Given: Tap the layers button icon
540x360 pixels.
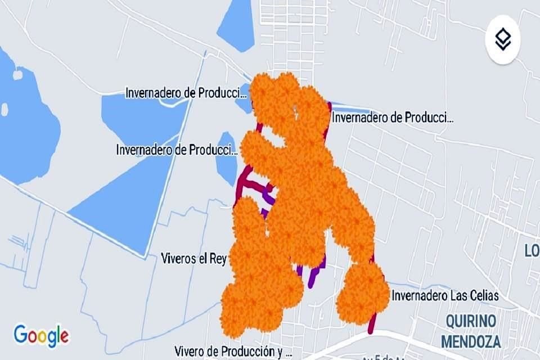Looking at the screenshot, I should point(502,39).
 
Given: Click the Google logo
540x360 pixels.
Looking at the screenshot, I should point(41,335).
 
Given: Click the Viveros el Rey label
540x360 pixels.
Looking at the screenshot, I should point(193,259).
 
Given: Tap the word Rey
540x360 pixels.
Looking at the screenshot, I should point(217,259).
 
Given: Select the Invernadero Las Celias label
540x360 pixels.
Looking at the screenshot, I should point(445,295).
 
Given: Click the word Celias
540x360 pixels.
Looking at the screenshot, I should point(482,295).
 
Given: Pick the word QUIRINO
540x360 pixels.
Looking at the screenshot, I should point(471,322).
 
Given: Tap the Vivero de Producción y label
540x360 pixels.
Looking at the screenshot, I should point(232,352).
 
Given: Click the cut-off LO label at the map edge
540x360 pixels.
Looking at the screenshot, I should point(532,251).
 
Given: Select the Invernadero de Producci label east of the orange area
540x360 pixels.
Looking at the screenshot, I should point(393,118).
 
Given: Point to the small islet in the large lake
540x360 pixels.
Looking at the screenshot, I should point(17,75).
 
